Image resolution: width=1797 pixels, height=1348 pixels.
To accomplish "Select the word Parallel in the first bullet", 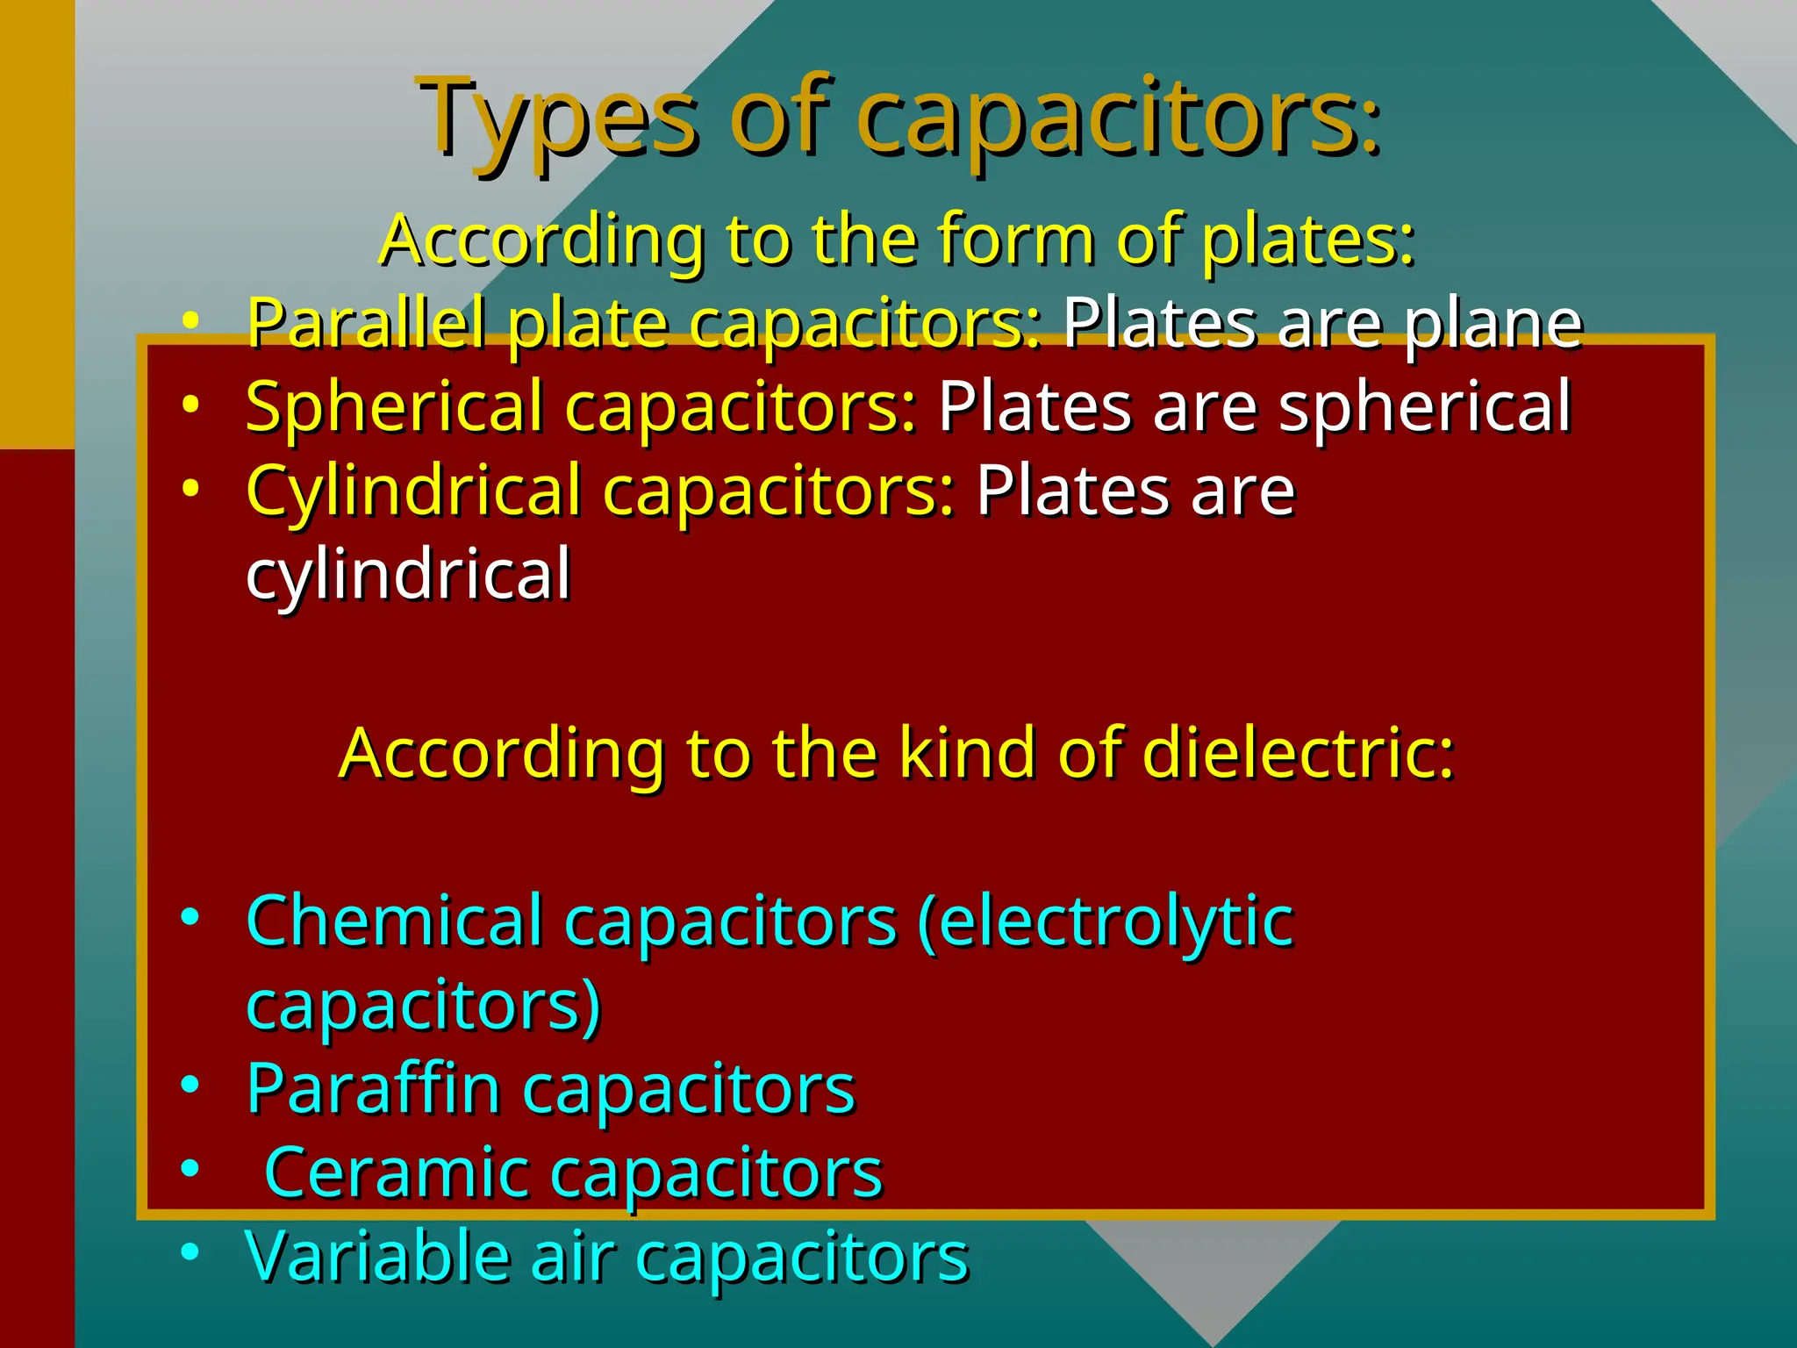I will point(365,323).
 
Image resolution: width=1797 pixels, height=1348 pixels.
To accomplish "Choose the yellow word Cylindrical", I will point(413,490).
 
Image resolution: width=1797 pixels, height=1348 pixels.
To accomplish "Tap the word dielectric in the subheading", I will point(1299,753).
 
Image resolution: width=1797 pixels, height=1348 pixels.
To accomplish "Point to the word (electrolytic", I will point(1105,921).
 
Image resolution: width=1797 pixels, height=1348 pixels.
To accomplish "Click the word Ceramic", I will point(396,1172).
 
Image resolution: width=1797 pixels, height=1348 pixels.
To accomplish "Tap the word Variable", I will point(377,1256).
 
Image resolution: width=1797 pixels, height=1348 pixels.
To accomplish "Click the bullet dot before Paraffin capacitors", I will point(190,1085).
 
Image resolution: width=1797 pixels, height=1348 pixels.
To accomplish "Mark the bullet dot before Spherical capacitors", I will point(190,404).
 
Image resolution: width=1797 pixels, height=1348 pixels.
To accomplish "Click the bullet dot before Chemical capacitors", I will point(190,917).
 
